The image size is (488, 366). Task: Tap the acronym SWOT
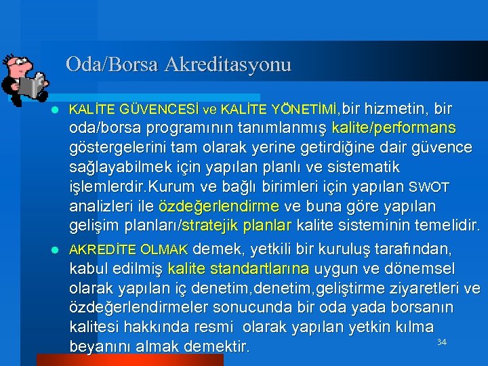[x=428, y=187]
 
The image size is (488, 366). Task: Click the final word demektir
[x=216, y=347]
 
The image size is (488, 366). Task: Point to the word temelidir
[x=443, y=225]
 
